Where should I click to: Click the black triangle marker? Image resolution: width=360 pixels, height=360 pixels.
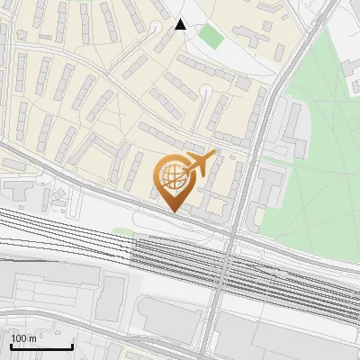coord(181,24)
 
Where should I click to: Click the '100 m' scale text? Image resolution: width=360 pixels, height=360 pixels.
coord(23,338)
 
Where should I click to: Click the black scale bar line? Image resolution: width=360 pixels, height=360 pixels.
coord(41,346)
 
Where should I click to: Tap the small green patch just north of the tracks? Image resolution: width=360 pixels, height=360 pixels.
coord(123,232)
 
